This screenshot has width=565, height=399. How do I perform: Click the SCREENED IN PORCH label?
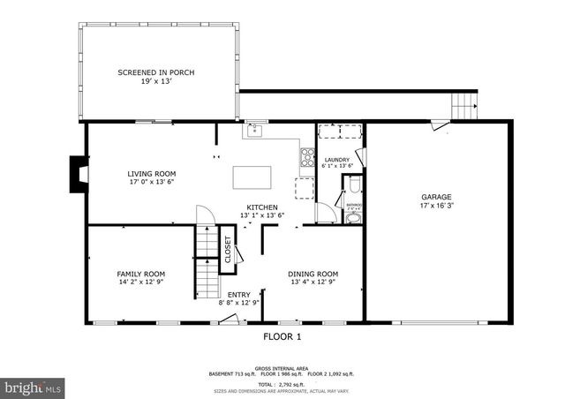155,72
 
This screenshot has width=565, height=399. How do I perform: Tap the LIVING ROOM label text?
152,174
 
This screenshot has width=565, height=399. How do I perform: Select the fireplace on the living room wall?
78,174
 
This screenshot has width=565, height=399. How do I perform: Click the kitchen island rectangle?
253,177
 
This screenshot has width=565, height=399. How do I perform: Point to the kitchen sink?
254,132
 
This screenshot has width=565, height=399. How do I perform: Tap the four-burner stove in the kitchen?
308,158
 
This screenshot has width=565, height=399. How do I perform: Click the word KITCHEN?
262,206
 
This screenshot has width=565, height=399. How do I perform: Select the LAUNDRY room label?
337,160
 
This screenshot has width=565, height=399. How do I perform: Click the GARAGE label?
436,197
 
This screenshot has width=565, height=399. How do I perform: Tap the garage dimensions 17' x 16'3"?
436,207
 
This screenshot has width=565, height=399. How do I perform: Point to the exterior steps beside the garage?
463,107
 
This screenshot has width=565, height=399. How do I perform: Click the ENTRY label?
238,295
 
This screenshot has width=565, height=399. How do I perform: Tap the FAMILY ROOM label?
141,274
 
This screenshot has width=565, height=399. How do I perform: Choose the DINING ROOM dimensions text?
313,283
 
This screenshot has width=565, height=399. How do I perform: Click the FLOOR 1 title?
282,336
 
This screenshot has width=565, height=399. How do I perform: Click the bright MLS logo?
33,387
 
